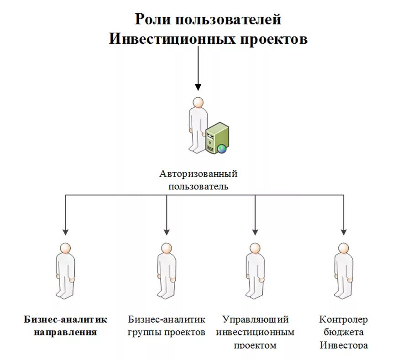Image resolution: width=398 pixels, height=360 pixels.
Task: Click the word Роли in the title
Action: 152,20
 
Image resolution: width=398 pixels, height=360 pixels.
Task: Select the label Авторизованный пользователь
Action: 199,180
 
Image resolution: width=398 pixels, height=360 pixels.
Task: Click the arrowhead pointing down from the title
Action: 198,87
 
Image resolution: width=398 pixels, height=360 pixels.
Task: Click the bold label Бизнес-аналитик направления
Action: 65,325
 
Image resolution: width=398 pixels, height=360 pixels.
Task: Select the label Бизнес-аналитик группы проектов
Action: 167,325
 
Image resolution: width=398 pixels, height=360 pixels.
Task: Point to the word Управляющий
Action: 255,319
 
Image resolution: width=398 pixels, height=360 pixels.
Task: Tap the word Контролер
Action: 343,319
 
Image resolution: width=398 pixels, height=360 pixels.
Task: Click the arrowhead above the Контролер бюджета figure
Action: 343,231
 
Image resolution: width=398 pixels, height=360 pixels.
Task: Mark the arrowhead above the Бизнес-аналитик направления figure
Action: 66,231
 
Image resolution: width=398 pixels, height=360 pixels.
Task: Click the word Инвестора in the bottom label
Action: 343,344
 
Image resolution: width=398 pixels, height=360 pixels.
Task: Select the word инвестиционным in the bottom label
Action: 255,332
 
